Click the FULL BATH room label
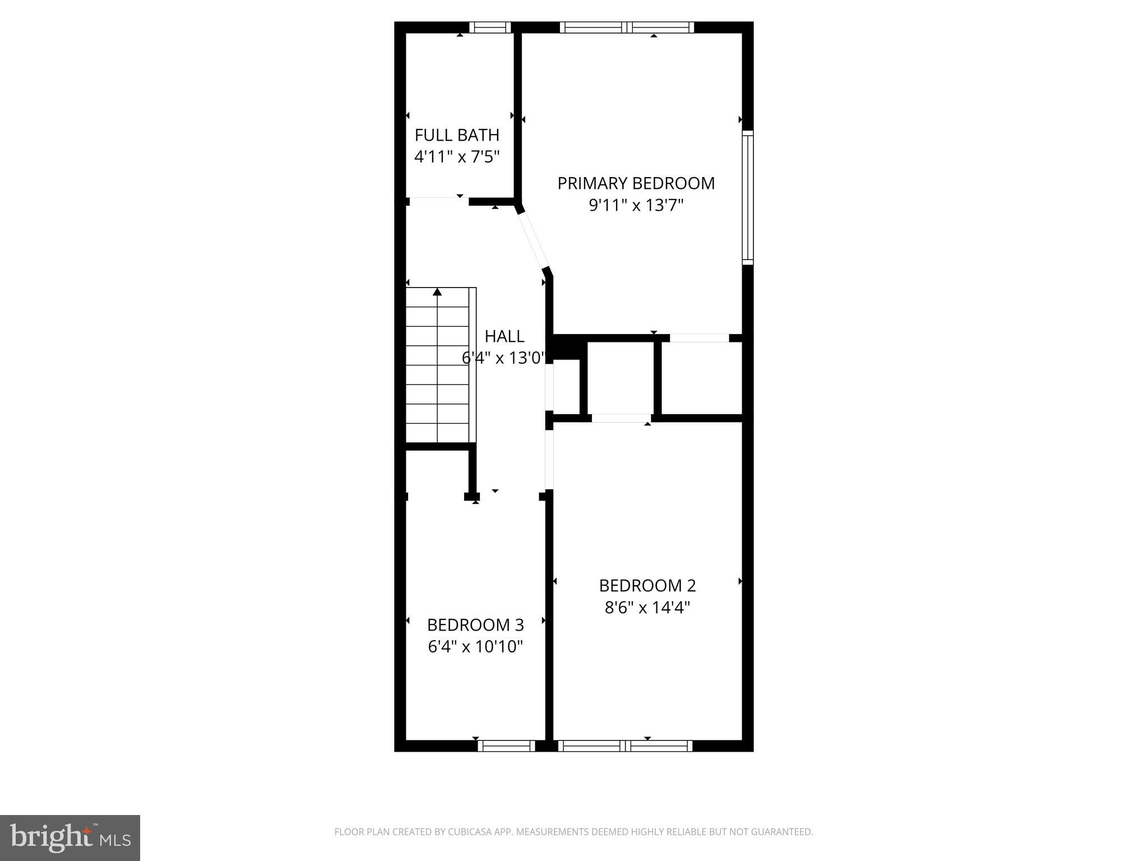coord(457,135)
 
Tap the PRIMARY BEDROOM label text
coord(636,183)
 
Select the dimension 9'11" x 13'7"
coord(636,206)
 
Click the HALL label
coord(504,336)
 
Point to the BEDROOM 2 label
coord(647,586)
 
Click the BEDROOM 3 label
coord(475,625)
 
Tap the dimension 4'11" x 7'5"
coord(457,157)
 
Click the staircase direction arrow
coord(437,292)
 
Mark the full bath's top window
coord(490,27)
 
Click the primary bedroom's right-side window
coord(748,197)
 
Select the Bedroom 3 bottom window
coord(506,746)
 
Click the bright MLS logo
coord(70,837)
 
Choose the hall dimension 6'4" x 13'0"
coord(503,358)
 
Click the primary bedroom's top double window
coord(627,27)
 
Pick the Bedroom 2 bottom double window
coord(626,746)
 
